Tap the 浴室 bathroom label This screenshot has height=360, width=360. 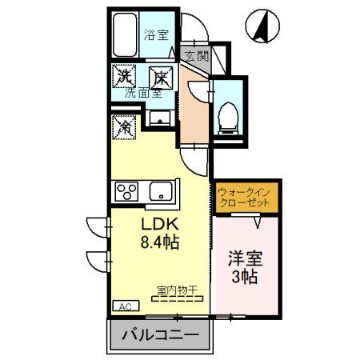[x=155, y=34]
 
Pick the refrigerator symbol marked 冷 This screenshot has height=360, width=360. [x=126, y=126]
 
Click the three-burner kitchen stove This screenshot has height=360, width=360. [x=127, y=191]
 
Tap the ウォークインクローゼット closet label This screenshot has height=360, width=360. [x=246, y=198]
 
